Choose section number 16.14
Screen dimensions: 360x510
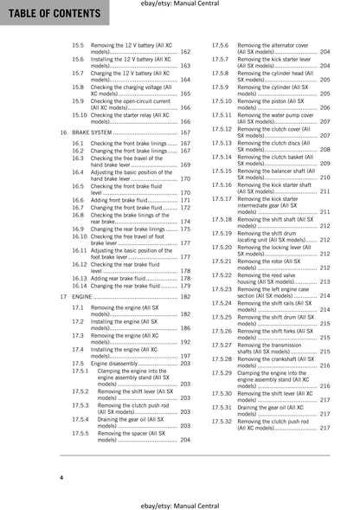point(80,285)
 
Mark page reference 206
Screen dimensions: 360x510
point(325,107)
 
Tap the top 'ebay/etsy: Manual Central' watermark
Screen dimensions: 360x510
point(180,6)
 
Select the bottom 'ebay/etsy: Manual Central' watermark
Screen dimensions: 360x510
point(180,502)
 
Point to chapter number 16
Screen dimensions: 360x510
point(64,132)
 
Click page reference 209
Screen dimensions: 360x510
point(325,163)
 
